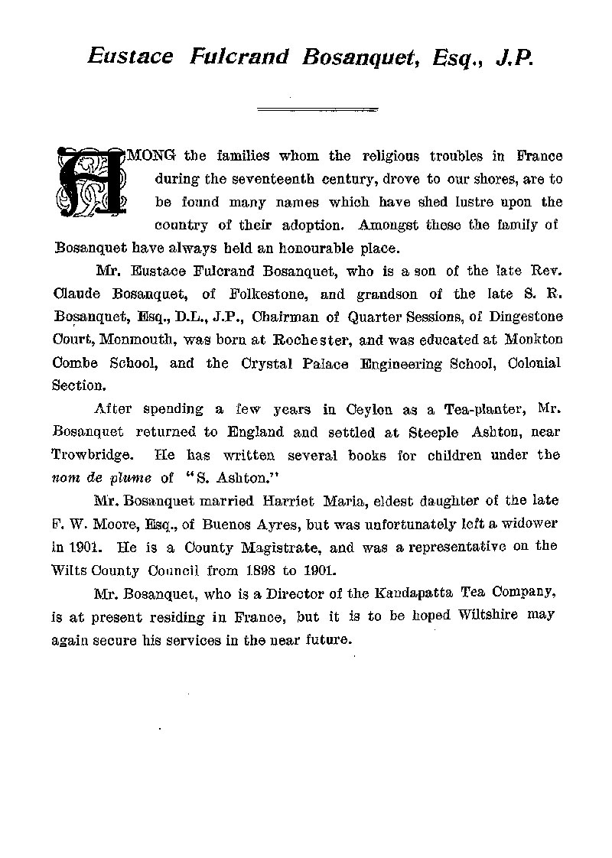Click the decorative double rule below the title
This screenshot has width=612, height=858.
pos(317,111)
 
